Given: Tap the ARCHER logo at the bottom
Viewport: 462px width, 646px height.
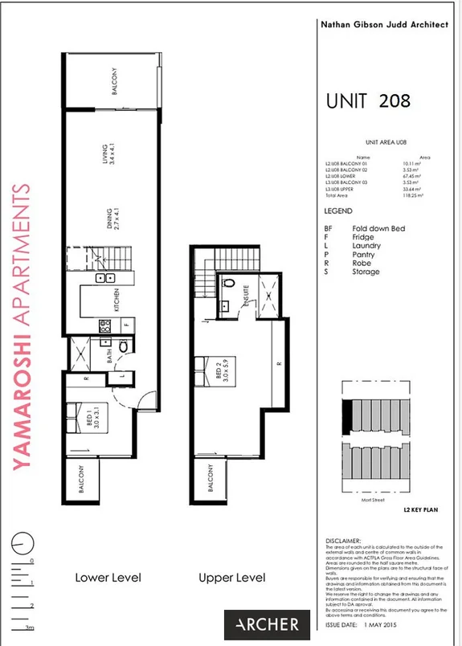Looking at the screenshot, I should click(x=267, y=624).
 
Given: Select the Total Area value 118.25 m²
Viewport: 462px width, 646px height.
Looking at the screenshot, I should click(x=414, y=195).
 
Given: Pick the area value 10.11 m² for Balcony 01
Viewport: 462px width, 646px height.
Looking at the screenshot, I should click(x=413, y=164).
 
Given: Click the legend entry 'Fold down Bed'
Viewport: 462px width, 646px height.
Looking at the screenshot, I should click(x=378, y=229).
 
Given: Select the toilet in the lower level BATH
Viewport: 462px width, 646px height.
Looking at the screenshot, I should click(x=123, y=346).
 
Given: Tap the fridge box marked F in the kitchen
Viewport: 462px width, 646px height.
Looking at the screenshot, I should click(x=125, y=324).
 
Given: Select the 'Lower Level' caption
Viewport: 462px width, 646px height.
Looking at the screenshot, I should click(x=108, y=578).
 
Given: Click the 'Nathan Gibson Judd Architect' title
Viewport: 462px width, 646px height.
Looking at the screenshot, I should click(x=383, y=25).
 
